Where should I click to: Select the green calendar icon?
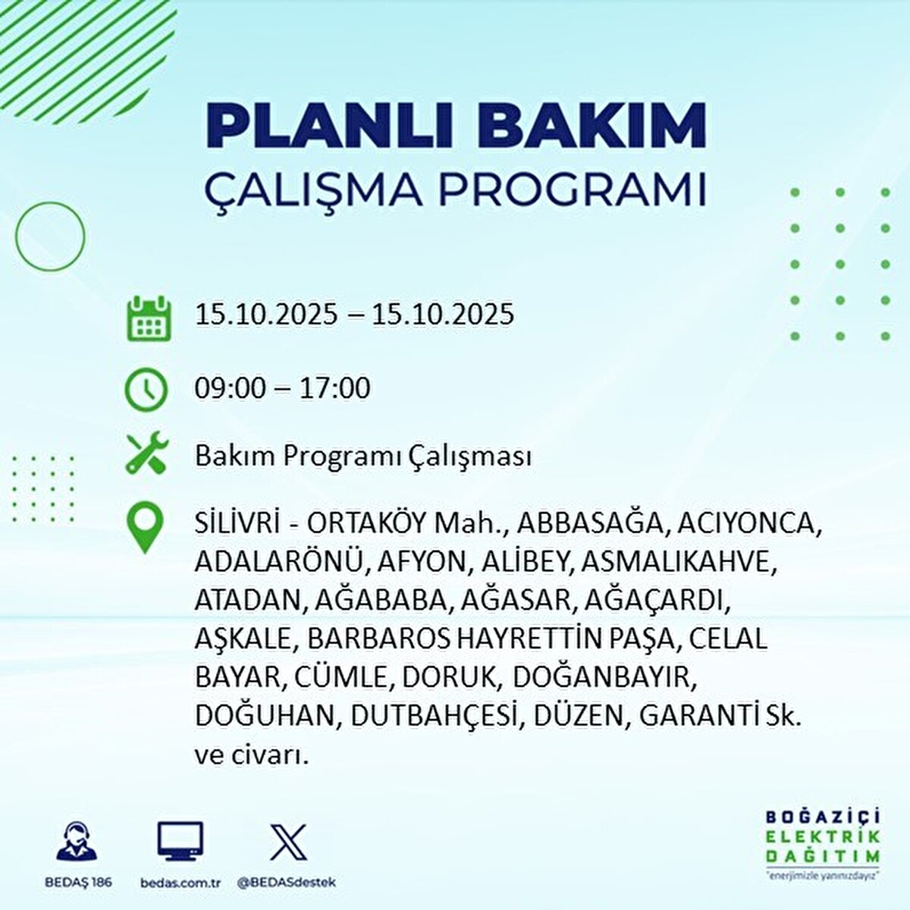[x=149, y=318]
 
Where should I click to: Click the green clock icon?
[x=146, y=390]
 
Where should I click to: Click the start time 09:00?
[x=231, y=389]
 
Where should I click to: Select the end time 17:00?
[x=334, y=389]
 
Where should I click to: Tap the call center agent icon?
[x=77, y=840]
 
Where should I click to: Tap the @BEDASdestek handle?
[x=287, y=882]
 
